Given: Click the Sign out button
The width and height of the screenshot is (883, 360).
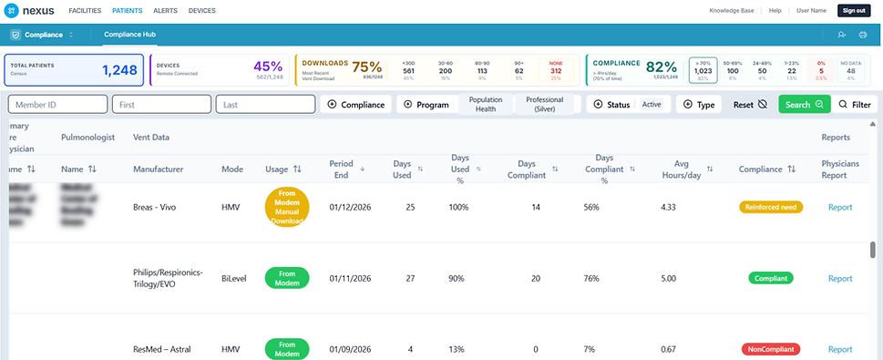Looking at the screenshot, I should click(853, 10).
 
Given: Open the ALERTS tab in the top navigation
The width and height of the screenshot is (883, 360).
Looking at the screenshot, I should click(165, 10).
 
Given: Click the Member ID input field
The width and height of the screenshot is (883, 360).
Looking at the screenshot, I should click(58, 105).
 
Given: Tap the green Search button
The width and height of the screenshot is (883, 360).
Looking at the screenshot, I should click(804, 105).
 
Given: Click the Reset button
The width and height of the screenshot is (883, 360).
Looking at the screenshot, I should click(750, 105).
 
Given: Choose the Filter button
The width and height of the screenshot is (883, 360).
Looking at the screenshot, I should click(855, 105).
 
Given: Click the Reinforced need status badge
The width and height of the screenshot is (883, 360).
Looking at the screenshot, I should click(770, 207).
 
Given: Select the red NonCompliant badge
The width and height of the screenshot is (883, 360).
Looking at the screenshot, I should click(770, 349).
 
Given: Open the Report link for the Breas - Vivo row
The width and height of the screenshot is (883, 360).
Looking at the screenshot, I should click(840, 207).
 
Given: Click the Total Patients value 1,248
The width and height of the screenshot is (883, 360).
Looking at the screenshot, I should click(118, 69).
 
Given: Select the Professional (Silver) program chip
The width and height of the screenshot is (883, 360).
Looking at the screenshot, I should click(544, 105).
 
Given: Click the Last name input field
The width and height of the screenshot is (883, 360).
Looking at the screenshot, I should click(264, 105).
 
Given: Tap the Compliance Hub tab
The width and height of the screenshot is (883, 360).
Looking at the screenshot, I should click(129, 35).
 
